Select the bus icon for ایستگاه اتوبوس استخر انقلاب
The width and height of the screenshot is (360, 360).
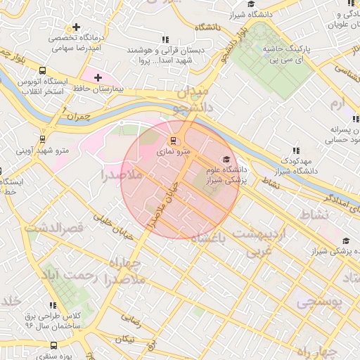coord(43,71)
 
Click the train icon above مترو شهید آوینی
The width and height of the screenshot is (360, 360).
coord(43,139)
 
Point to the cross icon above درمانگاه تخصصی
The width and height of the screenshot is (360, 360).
coord(86,27)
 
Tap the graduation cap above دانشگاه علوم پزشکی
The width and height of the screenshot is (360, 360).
coord(225,159)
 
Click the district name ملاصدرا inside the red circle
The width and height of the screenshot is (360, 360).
coord(122,172)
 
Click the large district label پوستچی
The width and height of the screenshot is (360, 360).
coord(318,302)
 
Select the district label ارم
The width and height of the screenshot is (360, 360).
coord(340,104)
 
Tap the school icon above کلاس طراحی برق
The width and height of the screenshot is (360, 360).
coord(52,305)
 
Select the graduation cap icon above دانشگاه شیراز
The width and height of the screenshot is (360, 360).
coord(232,14)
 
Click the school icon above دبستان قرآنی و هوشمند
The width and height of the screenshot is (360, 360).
coord(165,40)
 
